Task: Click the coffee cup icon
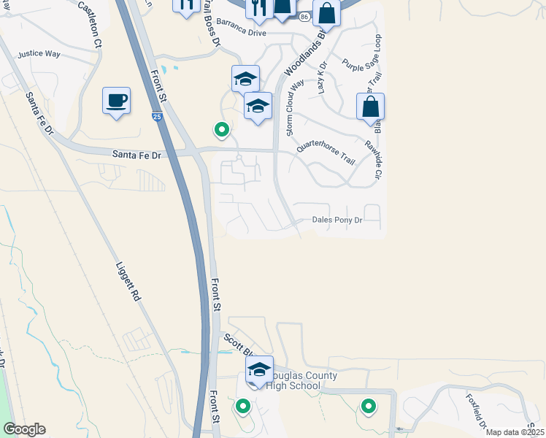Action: click(x=116, y=101)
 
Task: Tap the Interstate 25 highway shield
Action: click(x=158, y=116)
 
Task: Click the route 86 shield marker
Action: click(x=303, y=16)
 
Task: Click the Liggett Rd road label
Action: click(x=127, y=283)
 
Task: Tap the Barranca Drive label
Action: click(x=241, y=33)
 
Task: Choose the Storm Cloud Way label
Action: click(x=294, y=107)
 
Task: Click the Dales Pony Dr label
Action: click(x=337, y=218)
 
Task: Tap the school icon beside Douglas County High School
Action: click(x=258, y=369)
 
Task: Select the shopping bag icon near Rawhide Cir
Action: click(x=371, y=107)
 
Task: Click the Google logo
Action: click(x=24, y=429)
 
